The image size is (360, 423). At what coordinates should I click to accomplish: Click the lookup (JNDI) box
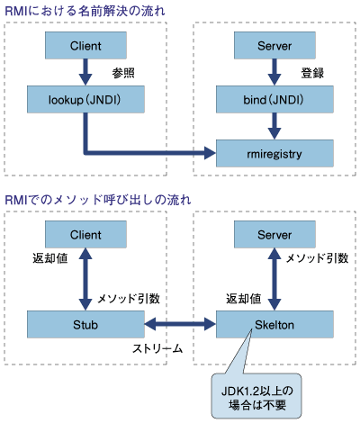85,99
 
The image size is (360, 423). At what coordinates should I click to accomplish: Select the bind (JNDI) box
274,99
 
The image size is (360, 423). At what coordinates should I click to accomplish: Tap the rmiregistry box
274,153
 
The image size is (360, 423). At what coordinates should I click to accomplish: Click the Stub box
85,324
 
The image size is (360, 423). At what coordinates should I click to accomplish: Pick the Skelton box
274,324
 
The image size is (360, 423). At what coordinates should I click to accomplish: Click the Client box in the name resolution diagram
85,45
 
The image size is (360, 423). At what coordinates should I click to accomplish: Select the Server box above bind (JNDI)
274,45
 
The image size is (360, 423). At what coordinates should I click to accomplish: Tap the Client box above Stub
85,234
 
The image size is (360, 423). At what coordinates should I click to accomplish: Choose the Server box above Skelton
274,234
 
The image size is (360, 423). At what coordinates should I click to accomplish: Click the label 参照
123,73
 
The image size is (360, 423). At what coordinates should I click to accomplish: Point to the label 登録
312,73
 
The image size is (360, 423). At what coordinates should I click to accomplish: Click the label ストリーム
157,348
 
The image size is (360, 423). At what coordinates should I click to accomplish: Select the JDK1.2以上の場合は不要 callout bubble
256,396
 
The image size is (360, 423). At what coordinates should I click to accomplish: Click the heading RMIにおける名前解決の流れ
85,11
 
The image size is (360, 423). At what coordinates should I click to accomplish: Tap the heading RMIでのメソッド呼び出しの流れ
98,200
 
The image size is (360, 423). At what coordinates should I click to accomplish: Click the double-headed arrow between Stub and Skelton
180,324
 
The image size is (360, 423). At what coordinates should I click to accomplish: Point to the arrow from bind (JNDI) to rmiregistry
274,126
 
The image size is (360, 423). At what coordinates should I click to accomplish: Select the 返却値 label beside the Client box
50,258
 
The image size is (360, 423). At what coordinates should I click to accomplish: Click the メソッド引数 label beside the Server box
317,258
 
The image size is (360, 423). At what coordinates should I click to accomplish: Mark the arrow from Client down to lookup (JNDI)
85,72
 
